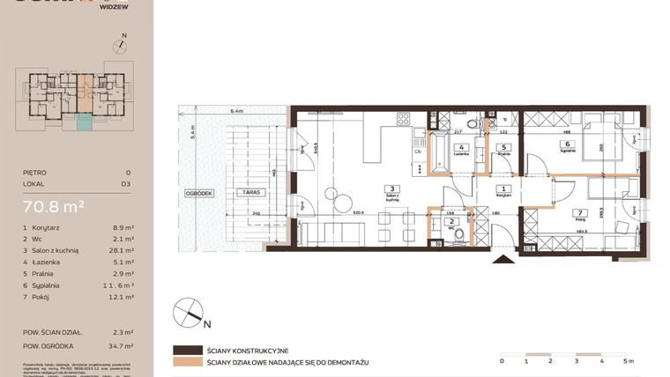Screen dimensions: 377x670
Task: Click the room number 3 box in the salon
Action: [394, 188]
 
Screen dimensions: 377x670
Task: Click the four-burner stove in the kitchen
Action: [404, 122]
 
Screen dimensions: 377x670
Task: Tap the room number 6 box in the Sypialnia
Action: [568, 144]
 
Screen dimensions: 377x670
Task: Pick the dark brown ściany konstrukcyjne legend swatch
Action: [188, 350]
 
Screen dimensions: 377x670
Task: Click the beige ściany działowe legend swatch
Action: [188, 362]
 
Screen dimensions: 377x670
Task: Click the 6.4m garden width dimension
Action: [235, 112]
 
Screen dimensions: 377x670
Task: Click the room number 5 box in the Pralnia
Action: [502, 147]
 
